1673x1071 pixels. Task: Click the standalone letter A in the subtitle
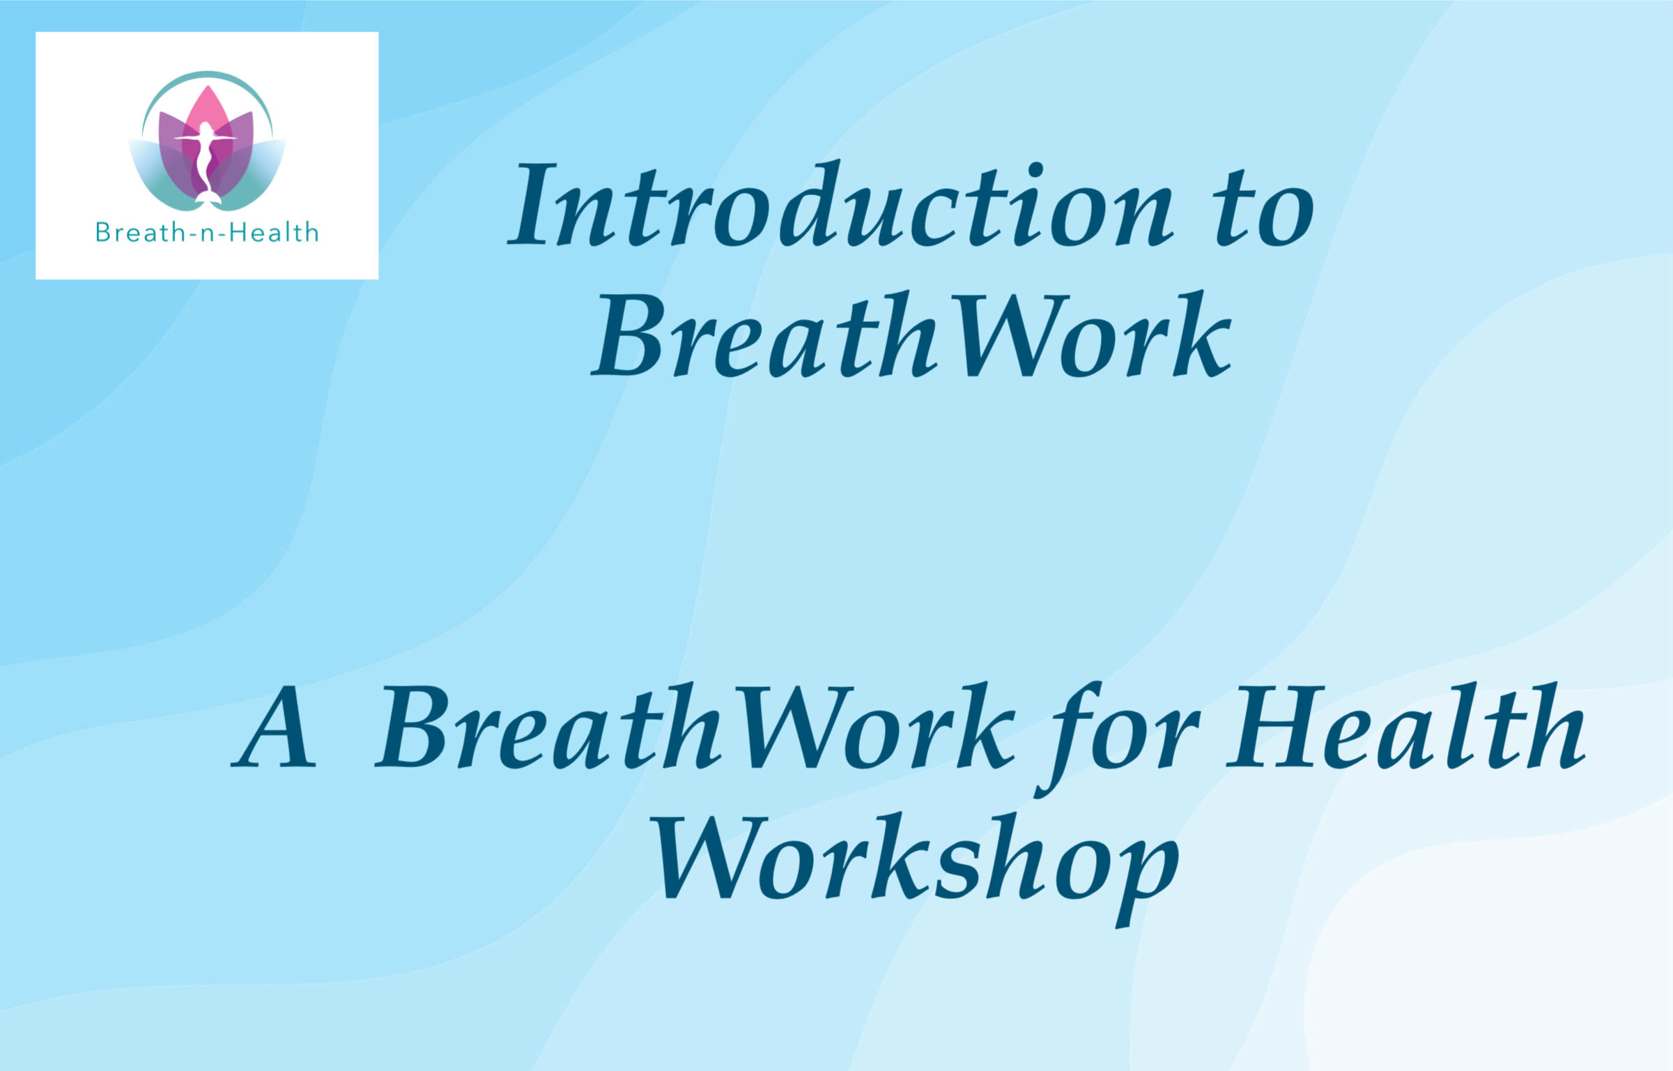click(x=274, y=727)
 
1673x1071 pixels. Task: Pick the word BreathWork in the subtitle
click(x=695, y=727)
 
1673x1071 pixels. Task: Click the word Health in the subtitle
click(x=1406, y=726)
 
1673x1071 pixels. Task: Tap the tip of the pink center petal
click(x=206, y=86)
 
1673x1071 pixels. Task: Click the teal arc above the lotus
click(x=206, y=73)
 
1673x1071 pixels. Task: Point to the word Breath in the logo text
click(x=139, y=232)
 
